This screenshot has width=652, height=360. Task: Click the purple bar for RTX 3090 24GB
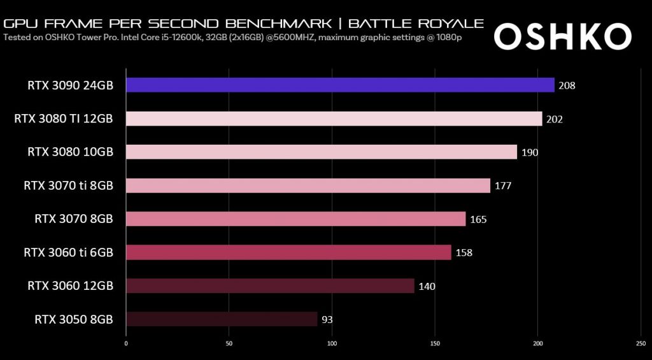click(340, 85)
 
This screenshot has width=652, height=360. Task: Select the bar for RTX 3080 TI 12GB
click(334, 119)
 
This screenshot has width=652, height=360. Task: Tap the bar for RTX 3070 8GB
click(295, 219)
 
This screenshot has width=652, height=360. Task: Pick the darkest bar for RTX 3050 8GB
click(222, 319)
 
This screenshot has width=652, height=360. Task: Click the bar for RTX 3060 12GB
click(270, 285)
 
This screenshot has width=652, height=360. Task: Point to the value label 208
click(567, 85)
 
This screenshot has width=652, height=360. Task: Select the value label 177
click(503, 186)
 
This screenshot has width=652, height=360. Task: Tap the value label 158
click(464, 253)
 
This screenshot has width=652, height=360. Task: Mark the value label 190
click(530, 152)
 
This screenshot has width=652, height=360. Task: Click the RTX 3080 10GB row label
click(70, 152)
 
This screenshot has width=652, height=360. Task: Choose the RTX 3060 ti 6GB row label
click(68, 253)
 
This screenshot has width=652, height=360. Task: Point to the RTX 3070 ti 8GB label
click(68, 186)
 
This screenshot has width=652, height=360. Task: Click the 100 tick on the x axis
click(332, 343)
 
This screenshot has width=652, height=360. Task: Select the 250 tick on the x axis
click(641, 343)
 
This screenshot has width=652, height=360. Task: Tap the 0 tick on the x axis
click(126, 343)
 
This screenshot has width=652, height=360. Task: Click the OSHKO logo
click(562, 38)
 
